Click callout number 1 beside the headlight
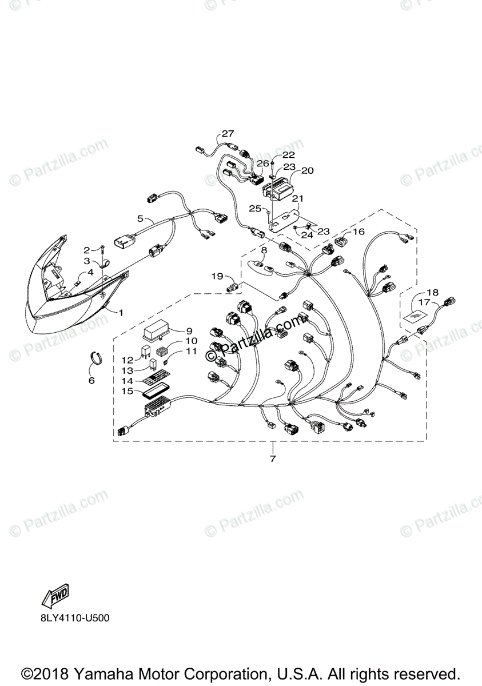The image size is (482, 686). click(x=121, y=312)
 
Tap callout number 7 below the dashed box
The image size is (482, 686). click(x=273, y=458)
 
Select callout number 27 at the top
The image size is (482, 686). click(x=228, y=134)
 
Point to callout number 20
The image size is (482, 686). click(x=308, y=170)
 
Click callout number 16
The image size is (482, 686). click(x=358, y=232)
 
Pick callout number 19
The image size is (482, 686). click(x=217, y=276)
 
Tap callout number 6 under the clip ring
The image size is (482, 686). click(x=91, y=380)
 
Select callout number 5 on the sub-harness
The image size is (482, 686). click(x=140, y=218)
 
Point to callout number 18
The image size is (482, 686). click(x=432, y=292)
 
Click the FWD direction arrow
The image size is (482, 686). click(x=55, y=597)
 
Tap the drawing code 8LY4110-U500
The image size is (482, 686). click(x=74, y=618)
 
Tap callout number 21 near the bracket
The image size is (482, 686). click(x=297, y=198)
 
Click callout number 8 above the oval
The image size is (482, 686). click(x=264, y=250)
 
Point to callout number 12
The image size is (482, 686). click(x=127, y=360)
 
